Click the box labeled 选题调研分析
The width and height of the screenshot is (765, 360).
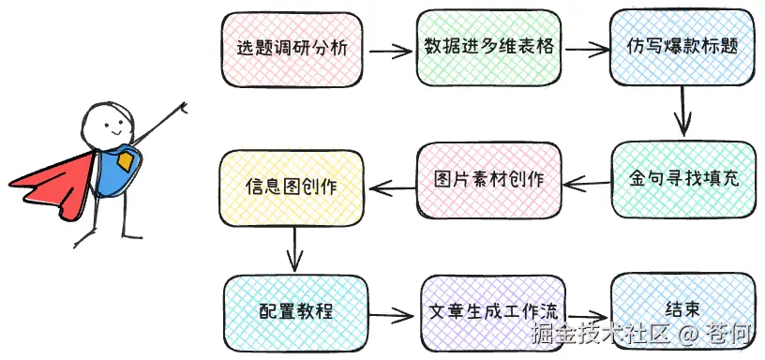pos(292,48)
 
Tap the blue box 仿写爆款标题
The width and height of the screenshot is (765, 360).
pos(682,48)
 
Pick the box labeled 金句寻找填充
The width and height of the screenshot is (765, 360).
pos(682,179)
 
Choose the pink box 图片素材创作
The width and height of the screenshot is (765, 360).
pos(489,179)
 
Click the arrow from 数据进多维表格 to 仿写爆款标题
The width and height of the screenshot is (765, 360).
pos(585,47)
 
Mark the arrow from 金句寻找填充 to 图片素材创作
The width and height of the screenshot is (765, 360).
pos(587,181)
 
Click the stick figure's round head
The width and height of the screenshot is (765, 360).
pos(101,125)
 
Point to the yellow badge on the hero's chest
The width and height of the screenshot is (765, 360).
pos(125,163)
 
